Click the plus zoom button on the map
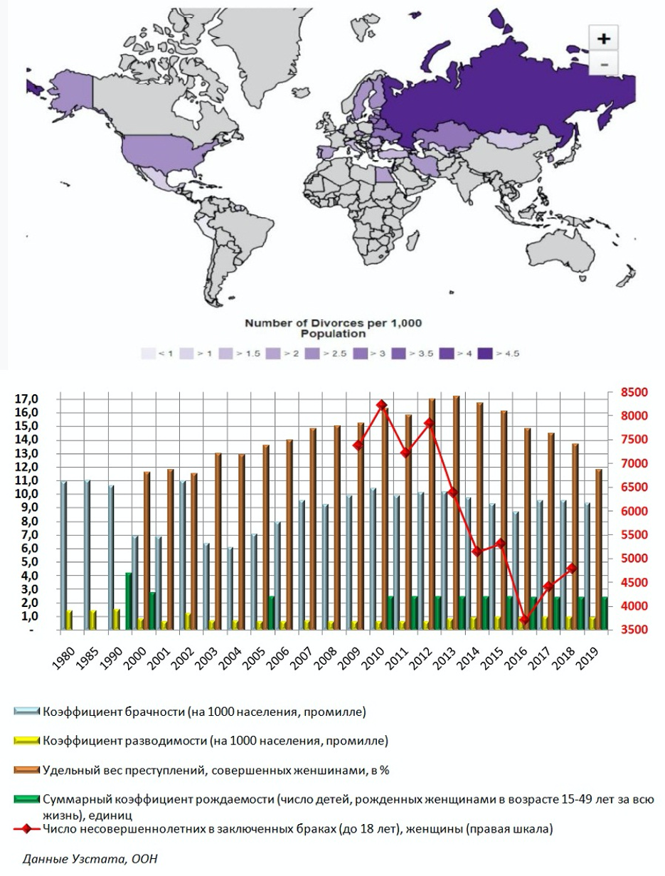pyautogui.click(x=604, y=38)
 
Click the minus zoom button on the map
pyautogui.click(x=604, y=64)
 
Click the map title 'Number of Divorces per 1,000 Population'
pyautogui.click(x=333, y=328)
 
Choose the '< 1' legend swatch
pyautogui.click(x=148, y=353)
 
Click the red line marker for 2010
pyautogui.click(x=381, y=405)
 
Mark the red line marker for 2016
pyautogui.click(x=524, y=621)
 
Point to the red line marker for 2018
pyautogui.click(x=572, y=568)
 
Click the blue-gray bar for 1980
pyautogui.click(x=63, y=555)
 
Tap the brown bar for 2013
pyautogui.click(x=456, y=512)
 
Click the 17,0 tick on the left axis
pyautogui.click(x=26, y=399)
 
